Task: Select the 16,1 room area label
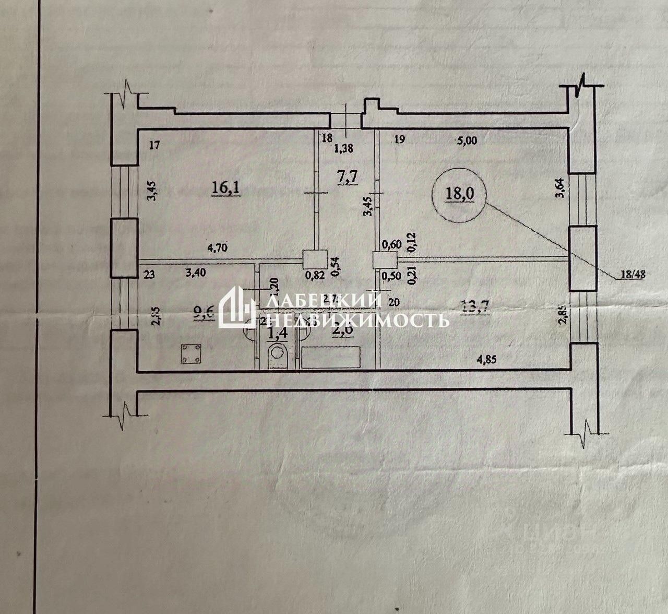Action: click(x=225, y=186)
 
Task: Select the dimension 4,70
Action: click(x=220, y=250)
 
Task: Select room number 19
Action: click(x=400, y=139)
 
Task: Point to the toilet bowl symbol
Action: click(x=277, y=358)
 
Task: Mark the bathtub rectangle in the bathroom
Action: click(x=331, y=358)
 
